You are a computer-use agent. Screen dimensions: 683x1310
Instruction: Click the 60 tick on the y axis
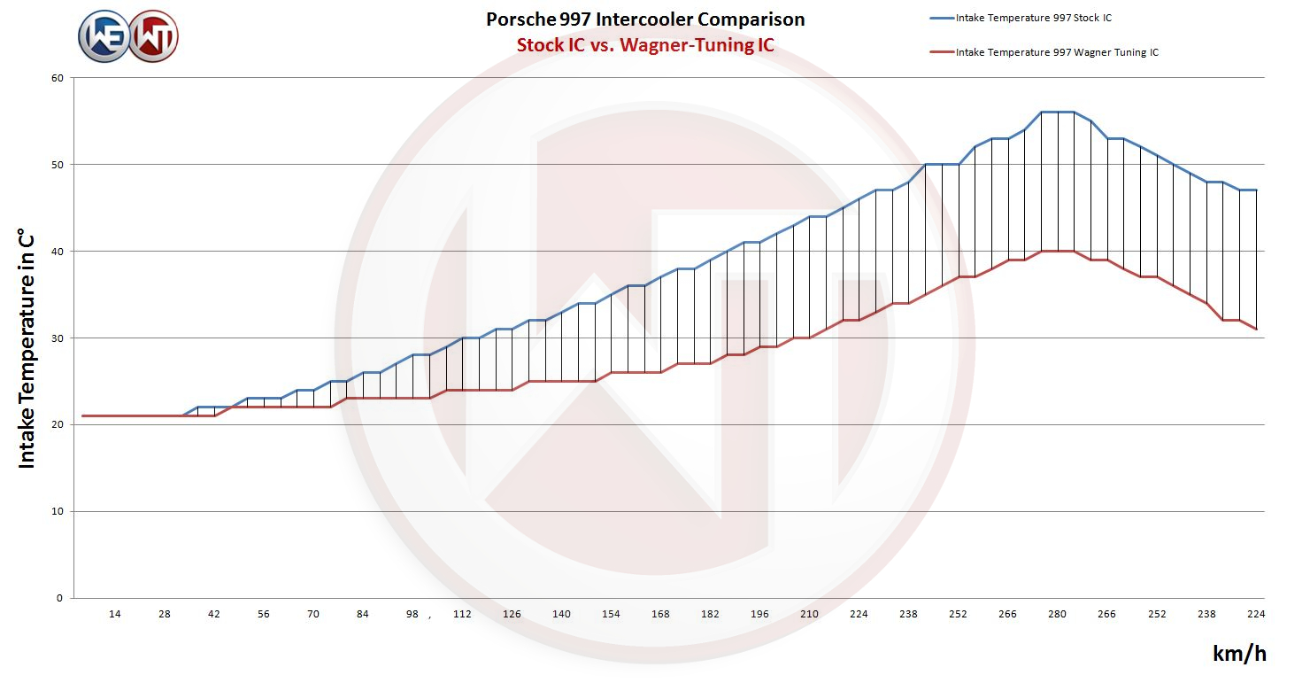[58, 78]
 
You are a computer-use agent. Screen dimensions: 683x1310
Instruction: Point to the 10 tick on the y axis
[58, 511]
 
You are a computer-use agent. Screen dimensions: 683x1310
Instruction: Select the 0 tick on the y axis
[60, 598]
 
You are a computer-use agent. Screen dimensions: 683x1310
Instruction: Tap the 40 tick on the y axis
[58, 252]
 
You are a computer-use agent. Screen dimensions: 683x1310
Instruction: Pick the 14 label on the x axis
[115, 614]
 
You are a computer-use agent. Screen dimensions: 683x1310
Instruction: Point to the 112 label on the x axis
[462, 614]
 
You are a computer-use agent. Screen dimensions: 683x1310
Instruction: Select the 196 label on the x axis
[759, 614]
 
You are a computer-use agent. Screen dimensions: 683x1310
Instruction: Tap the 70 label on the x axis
[313, 614]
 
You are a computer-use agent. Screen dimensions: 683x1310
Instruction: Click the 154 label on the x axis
[611, 614]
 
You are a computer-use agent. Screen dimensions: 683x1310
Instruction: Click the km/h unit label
[1239, 654]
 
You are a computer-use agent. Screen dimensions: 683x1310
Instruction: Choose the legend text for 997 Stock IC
[1033, 18]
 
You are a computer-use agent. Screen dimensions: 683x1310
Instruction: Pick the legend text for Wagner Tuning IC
[1057, 52]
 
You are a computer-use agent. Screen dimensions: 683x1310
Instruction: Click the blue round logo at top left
[104, 37]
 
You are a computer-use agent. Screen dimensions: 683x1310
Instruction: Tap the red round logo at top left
[154, 37]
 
